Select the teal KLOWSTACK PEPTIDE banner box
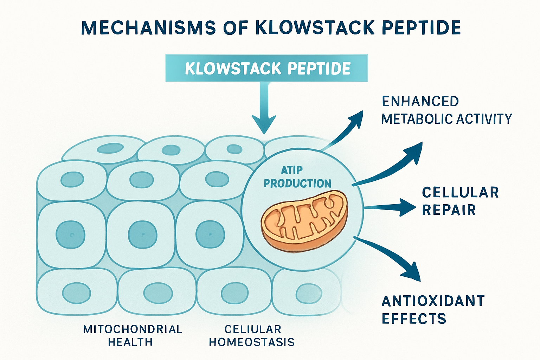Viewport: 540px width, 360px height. click(266, 68)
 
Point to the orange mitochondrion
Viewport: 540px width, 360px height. click(304, 220)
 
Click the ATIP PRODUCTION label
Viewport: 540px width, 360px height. click(297, 177)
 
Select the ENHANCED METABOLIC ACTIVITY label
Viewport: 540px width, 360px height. click(446, 110)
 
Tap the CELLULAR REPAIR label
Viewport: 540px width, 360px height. click(460, 201)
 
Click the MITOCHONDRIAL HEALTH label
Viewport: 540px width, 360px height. click(133, 335)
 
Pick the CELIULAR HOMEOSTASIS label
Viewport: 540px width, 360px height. click(252, 335)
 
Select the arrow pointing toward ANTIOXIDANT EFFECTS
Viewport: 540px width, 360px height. click(390, 257)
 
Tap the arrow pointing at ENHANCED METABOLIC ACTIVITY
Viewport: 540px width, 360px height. click(346, 130)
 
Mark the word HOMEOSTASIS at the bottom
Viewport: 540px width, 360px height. click(252, 342)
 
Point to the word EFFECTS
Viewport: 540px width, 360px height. click(414, 319)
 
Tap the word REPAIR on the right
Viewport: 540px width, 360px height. click(449, 210)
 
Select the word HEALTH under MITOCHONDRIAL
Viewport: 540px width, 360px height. click(130, 342)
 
